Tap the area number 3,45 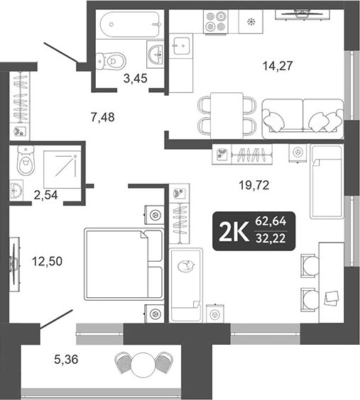point(135,79)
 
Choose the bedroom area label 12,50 point(48,261)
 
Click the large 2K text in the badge point(234,230)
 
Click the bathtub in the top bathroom point(128,26)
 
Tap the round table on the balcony point(143,362)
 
